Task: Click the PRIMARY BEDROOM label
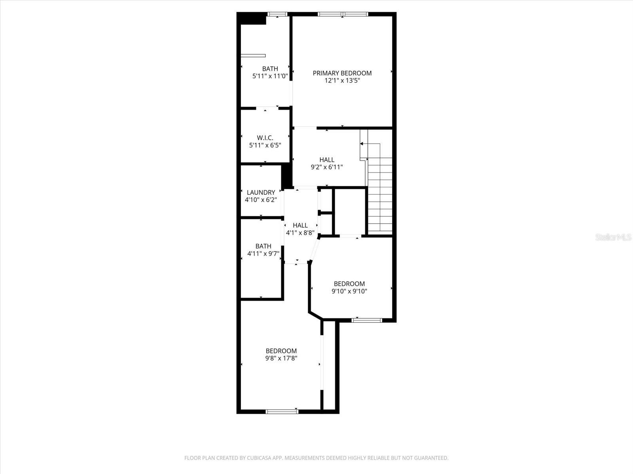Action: (342, 73)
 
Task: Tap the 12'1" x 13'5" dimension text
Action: (342, 81)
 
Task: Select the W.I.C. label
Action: (265, 138)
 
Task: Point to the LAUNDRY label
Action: (261, 192)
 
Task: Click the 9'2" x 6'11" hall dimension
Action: (327, 167)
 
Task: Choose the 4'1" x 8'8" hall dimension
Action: (300, 233)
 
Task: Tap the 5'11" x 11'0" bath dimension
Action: (270, 76)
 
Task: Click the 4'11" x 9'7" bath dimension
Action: (263, 254)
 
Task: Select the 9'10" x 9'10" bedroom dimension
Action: (349, 291)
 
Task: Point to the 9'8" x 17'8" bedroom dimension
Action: (281, 358)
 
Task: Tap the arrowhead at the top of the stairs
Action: (362, 143)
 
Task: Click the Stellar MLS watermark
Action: (613, 237)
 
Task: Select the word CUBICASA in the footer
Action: (259, 457)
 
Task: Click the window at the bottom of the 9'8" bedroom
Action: (282, 412)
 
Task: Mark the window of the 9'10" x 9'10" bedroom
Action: (366, 320)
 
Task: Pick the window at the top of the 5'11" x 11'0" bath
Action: (277, 14)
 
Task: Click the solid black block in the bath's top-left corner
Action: (251, 19)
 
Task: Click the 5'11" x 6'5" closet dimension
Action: (265, 145)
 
